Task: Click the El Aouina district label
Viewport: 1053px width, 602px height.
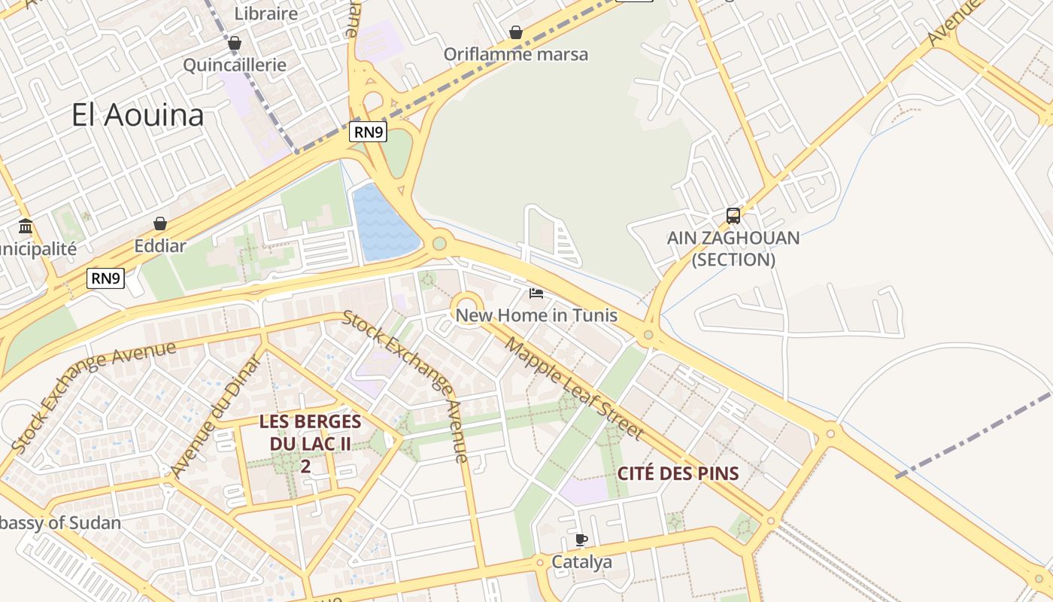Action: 138,115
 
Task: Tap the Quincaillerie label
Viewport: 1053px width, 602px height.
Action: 235,65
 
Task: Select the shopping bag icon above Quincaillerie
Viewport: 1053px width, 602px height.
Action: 235,43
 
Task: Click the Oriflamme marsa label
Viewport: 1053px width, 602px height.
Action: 515,54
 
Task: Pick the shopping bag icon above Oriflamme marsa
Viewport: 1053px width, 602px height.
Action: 516,32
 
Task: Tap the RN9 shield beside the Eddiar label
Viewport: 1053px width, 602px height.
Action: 105,278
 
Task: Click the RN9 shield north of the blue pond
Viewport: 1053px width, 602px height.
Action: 368,132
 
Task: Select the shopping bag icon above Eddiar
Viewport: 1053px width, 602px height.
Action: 159,223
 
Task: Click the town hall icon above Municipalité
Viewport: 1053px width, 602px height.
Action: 26,226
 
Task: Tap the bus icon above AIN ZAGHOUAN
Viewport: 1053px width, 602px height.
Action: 733,216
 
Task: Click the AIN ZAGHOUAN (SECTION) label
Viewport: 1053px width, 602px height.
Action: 733,248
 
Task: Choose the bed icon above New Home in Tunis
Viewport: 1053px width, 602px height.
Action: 536,293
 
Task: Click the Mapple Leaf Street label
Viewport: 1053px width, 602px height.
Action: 575,389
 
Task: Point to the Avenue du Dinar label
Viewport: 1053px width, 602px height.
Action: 216,415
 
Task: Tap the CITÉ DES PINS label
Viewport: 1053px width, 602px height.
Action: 678,473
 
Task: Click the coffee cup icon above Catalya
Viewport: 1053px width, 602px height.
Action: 581,540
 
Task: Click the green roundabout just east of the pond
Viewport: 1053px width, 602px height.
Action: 439,243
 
